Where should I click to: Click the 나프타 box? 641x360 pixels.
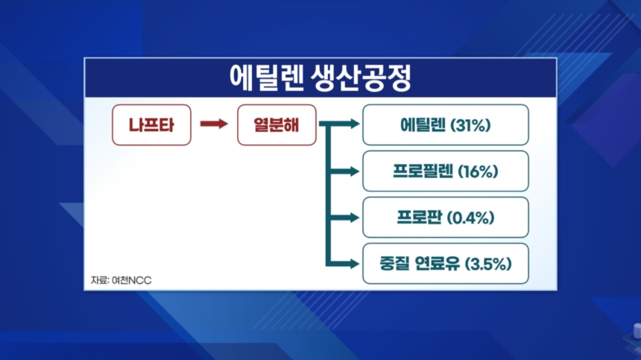[x=151, y=125]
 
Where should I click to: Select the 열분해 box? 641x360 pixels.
[x=277, y=125]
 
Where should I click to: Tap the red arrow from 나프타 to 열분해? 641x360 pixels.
[x=214, y=124]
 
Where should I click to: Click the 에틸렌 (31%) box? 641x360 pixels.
[x=446, y=125]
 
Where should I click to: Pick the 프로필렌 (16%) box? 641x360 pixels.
[x=446, y=171]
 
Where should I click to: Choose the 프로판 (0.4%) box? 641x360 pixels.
[x=446, y=218]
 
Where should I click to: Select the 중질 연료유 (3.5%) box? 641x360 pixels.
[x=446, y=264]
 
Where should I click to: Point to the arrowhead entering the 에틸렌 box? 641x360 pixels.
[x=353, y=124]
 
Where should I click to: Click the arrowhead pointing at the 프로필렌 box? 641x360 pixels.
[x=353, y=171]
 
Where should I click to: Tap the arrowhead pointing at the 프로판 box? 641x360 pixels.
[x=353, y=218]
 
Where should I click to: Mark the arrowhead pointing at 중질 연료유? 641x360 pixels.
[x=353, y=264]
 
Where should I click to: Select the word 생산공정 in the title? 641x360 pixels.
[x=361, y=78]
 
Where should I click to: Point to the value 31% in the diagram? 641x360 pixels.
[x=470, y=125]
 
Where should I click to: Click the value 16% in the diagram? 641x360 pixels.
[x=478, y=171]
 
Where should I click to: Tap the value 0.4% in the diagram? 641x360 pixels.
[x=470, y=218]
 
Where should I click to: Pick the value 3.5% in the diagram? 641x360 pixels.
[x=489, y=264]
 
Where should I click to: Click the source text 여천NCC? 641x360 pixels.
[x=132, y=280]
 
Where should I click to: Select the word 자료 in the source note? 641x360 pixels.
[x=99, y=280]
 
